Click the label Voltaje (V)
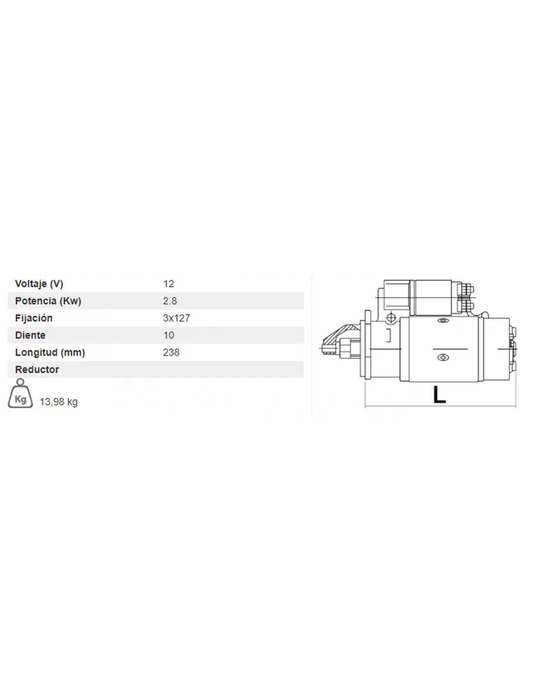39,284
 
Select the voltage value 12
168,284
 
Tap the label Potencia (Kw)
48,301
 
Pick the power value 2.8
170,301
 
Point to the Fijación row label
33,318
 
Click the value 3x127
176,318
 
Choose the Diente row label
30,335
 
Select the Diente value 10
168,335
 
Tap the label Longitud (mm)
50,352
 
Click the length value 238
171,352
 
